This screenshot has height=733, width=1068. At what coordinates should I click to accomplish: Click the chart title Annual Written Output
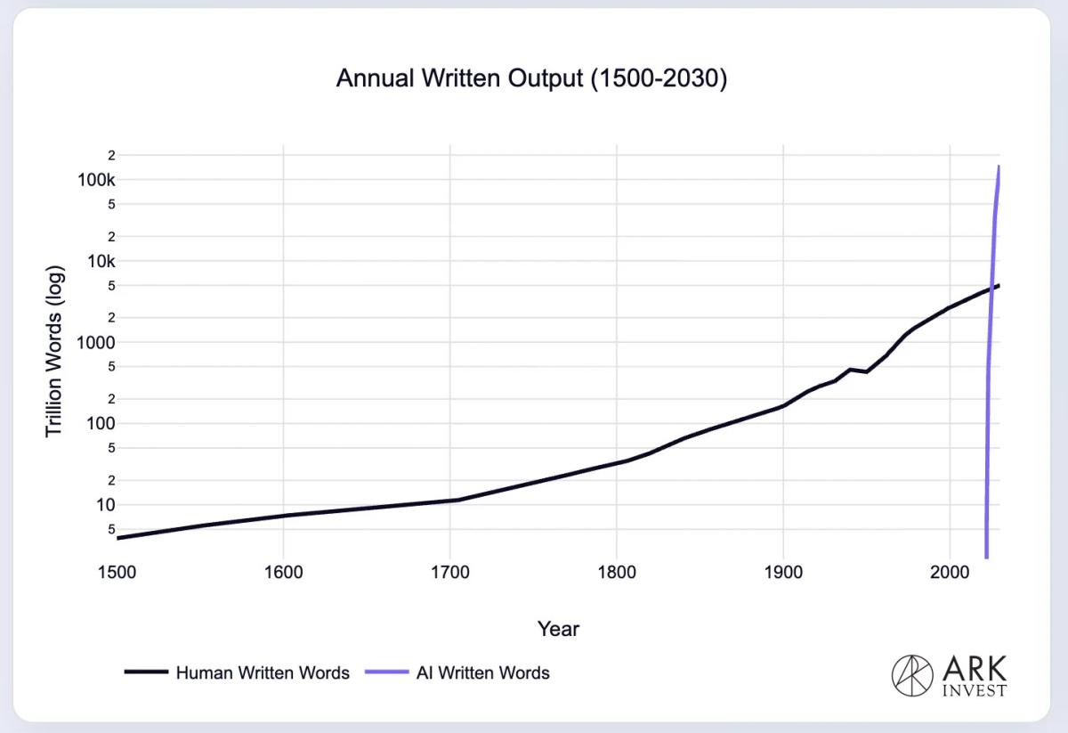pyautogui.click(x=531, y=78)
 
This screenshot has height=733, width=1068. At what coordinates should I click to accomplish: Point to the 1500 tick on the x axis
pyautogui.click(x=117, y=571)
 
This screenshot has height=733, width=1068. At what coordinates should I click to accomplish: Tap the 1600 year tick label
pyautogui.click(x=283, y=571)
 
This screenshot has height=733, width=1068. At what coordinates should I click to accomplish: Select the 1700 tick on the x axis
pyautogui.click(x=449, y=571)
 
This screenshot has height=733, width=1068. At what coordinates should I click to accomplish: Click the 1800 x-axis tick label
pyautogui.click(x=616, y=571)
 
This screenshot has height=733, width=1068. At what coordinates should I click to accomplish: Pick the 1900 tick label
pyautogui.click(x=782, y=571)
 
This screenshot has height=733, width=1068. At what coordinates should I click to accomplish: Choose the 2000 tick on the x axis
pyautogui.click(x=949, y=571)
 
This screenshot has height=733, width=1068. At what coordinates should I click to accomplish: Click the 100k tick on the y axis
pyautogui.click(x=98, y=180)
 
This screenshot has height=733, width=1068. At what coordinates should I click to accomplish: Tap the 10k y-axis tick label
pyautogui.click(x=101, y=261)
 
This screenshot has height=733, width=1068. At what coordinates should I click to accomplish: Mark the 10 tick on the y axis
pyautogui.click(x=106, y=504)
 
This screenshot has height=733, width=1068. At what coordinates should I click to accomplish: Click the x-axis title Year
pyautogui.click(x=558, y=629)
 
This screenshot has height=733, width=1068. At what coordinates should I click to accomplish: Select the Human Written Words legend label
pyautogui.click(x=263, y=673)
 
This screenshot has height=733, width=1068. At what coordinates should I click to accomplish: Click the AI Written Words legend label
pyautogui.click(x=482, y=673)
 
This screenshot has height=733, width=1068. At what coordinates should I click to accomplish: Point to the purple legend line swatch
pyautogui.click(x=386, y=673)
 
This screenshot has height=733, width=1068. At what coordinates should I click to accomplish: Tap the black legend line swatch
pyautogui.click(x=146, y=673)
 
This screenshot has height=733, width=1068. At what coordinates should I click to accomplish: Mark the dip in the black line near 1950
pyautogui.click(x=866, y=371)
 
